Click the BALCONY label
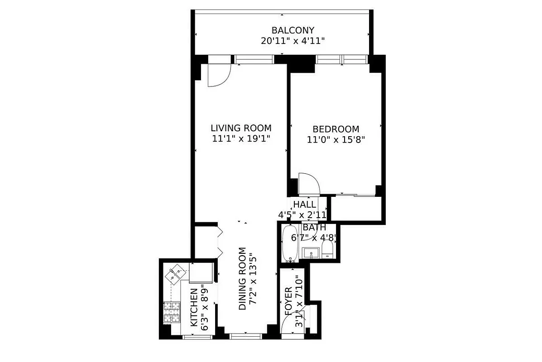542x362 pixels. coord(293,30)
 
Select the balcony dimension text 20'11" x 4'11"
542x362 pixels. coord(293,41)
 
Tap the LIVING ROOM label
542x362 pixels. coord(241,128)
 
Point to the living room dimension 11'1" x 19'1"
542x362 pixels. coord(241,138)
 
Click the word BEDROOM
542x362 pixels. coord(336,129)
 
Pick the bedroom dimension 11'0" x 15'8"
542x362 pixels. coord(336,140)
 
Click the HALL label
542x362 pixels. coord(304,205)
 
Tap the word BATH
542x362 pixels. coord(314,228)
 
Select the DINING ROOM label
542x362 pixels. coord(242,279)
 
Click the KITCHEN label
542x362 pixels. coord(194,307)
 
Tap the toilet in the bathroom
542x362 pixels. coord(327,248)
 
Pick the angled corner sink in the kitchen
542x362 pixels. coord(175,274)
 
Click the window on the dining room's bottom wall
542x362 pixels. coord(245,336)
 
